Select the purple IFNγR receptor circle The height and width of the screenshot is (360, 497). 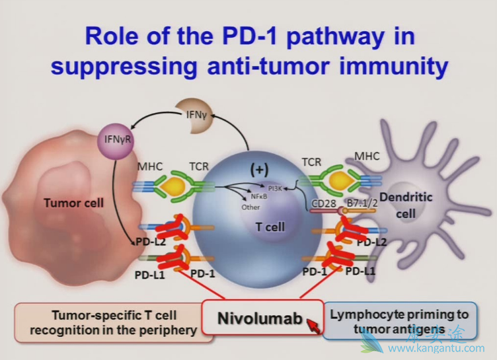112,139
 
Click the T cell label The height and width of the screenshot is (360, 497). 270,227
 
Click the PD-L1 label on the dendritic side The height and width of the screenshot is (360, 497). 361,271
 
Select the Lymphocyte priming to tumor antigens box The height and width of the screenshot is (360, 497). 408,322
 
